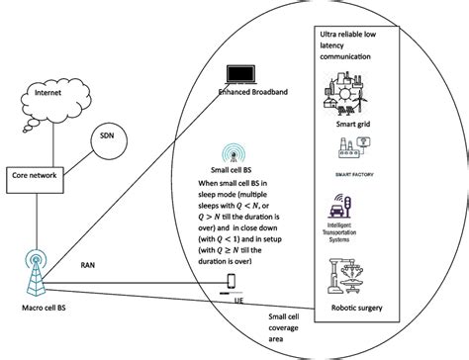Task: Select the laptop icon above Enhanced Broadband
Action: (241, 75)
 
